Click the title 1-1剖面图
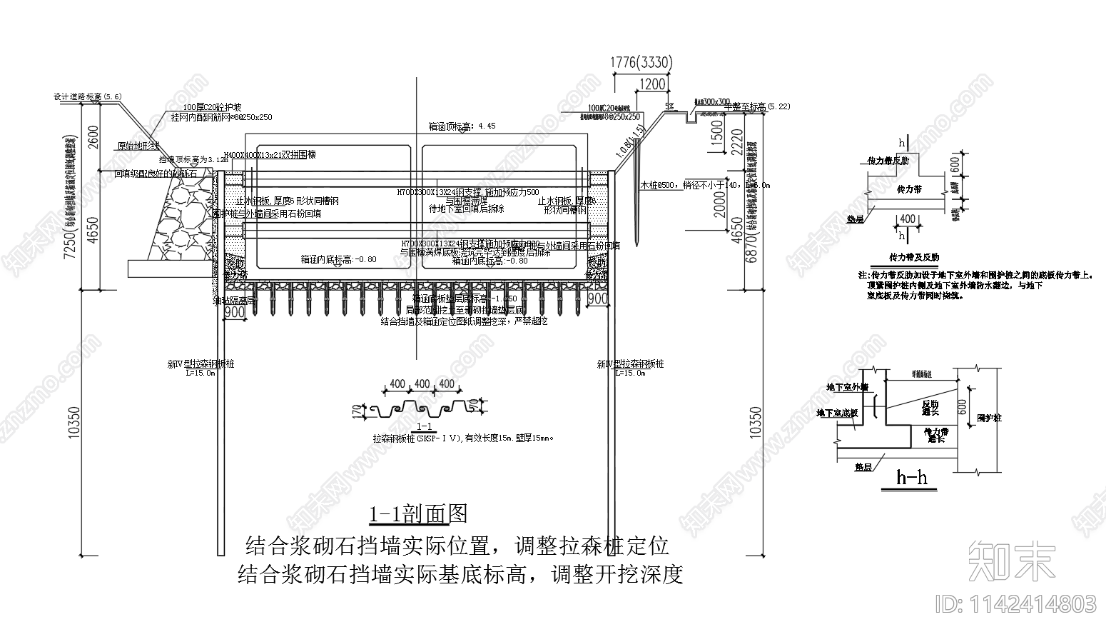pyautogui.click(x=417, y=514)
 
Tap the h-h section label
pyautogui.click(x=912, y=477)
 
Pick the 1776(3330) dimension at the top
pyautogui.click(x=641, y=63)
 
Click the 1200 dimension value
pyautogui.click(x=652, y=84)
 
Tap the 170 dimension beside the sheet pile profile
pyautogui.click(x=357, y=411)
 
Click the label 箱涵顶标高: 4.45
pyautogui.click(x=462, y=126)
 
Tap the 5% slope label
pyautogui.click(x=669, y=106)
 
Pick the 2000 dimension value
pyautogui.click(x=719, y=205)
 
